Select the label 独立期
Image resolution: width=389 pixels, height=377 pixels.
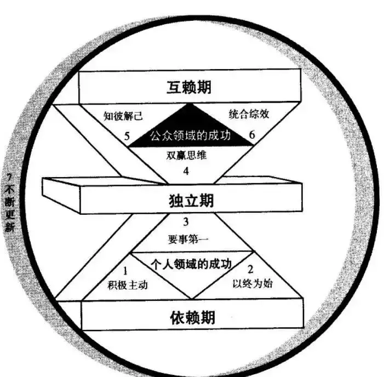[191, 201]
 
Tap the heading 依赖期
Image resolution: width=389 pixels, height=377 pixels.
[191, 317]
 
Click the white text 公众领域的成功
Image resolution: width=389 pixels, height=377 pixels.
[190, 135]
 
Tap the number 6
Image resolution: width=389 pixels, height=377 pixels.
[252, 135]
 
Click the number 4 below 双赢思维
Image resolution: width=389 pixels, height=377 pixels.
[186, 171]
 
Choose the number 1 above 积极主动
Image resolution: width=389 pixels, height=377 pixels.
[125, 270]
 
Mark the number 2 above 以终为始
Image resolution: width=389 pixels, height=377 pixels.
[250, 269]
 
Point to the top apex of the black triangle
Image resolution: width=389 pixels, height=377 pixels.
[190, 104]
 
